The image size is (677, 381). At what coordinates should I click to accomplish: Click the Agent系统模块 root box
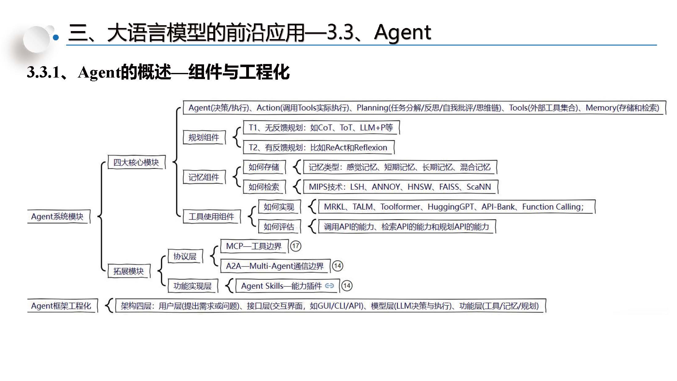click(58, 217)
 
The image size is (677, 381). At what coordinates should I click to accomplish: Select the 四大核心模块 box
click(136, 162)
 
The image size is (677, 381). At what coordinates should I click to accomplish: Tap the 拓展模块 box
click(129, 271)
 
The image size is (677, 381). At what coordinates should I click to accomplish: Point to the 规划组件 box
click(204, 137)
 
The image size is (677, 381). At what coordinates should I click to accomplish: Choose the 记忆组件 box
click(204, 177)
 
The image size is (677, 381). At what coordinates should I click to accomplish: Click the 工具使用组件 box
click(211, 217)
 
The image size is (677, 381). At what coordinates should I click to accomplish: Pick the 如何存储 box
click(264, 167)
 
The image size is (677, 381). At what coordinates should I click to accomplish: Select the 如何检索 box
click(264, 187)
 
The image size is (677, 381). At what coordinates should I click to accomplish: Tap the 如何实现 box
click(279, 207)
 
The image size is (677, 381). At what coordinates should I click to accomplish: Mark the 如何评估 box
click(279, 227)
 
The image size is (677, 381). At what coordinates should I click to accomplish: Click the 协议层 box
click(185, 256)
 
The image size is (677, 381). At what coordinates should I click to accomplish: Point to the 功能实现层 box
click(193, 286)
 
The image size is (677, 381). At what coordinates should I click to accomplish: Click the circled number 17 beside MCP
click(296, 246)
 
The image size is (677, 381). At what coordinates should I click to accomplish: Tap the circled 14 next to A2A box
click(338, 266)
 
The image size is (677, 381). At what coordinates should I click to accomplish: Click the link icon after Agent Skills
click(329, 286)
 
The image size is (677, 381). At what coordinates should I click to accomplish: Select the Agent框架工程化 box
click(61, 306)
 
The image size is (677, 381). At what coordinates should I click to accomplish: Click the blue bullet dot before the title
click(56, 38)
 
